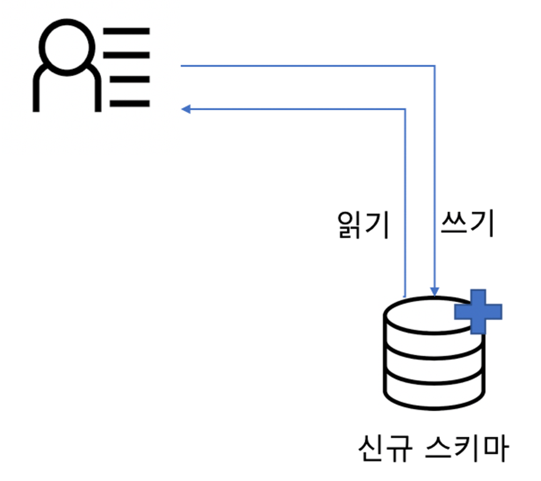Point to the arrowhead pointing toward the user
coord(186,110)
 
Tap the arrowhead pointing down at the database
coord(435,290)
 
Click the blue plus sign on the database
coord(478,311)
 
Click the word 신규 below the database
coord(380,450)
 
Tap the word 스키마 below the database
coord(466,450)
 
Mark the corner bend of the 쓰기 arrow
coord(435,65)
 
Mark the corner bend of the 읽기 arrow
coord(406,110)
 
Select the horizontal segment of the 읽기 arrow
coord(294,110)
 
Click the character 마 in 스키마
coord(495,450)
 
